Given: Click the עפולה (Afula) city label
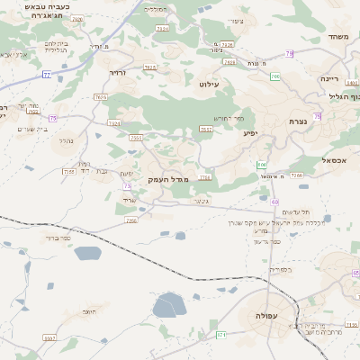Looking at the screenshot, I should point(265,316).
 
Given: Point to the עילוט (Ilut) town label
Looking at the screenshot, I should point(209,84).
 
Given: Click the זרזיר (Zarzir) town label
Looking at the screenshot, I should point(118,70).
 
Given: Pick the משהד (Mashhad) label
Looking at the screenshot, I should point(338,37).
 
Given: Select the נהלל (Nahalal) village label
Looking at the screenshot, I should point(65,140).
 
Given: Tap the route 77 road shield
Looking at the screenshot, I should point(46,75).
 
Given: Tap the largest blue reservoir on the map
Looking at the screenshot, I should point(168,306).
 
